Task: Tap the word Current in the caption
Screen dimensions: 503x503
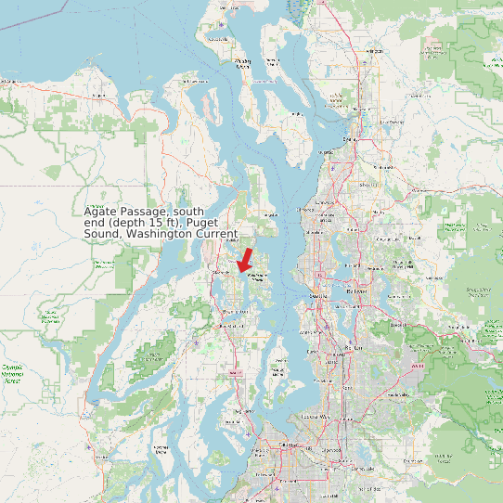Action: tap(215, 234)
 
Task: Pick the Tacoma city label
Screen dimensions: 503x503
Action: tap(282, 446)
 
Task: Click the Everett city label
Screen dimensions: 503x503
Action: tap(351, 139)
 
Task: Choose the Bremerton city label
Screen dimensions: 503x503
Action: tap(226, 326)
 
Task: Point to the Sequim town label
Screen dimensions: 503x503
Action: tap(11, 82)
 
